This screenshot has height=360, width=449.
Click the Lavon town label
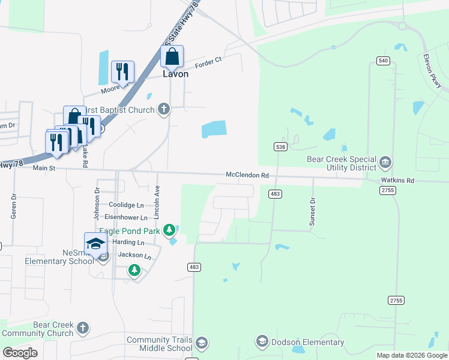(175, 74)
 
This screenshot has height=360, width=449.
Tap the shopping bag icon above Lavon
(172, 57)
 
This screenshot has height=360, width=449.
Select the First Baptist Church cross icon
(163, 109)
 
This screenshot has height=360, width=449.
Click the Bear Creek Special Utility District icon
(385, 161)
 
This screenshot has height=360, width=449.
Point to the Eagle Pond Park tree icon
(170, 230)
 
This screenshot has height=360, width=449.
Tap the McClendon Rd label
(247, 175)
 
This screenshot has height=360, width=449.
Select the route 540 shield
(384, 61)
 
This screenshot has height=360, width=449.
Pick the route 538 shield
(280, 146)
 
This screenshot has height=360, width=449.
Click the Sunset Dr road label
(312, 211)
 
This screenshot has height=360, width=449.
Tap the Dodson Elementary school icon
(262, 342)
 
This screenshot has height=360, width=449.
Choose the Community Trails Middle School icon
(202, 343)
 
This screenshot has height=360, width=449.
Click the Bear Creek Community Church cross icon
(83, 328)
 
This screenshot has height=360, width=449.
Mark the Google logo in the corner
(20, 353)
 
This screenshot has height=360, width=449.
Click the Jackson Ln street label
(131, 256)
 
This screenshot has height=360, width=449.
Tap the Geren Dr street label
(13, 206)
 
